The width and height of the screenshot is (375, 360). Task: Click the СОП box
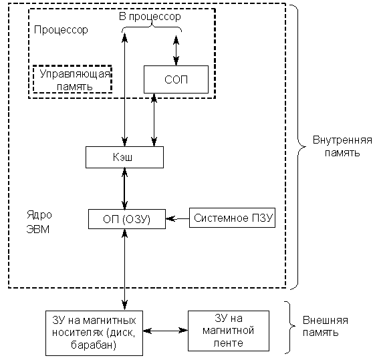click(176, 79)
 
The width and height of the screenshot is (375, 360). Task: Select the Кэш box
click(124, 157)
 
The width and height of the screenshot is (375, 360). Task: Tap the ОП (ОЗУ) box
click(127, 219)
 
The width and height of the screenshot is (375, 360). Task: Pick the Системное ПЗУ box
click(232, 218)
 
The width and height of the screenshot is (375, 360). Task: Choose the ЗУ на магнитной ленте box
click(229, 331)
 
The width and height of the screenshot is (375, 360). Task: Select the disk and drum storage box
click(94, 333)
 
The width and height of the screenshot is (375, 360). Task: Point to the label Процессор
click(61, 30)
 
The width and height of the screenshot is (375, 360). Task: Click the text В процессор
click(150, 16)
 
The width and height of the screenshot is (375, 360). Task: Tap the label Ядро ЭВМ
click(39, 222)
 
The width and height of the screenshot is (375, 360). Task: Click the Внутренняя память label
click(342, 146)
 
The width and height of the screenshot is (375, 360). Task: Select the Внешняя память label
click(326, 326)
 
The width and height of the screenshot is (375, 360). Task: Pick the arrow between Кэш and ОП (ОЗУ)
click(124, 189)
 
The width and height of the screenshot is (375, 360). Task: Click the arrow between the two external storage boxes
click(166, 331)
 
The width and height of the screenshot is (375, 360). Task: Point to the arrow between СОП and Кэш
click(154, 120)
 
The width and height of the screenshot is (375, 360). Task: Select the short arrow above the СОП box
click(176, 51)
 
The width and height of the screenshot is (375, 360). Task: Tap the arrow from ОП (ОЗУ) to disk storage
click(124, 270)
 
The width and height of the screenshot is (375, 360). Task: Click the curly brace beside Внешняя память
click(290, 327)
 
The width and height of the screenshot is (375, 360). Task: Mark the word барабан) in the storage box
click(94, 345)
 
